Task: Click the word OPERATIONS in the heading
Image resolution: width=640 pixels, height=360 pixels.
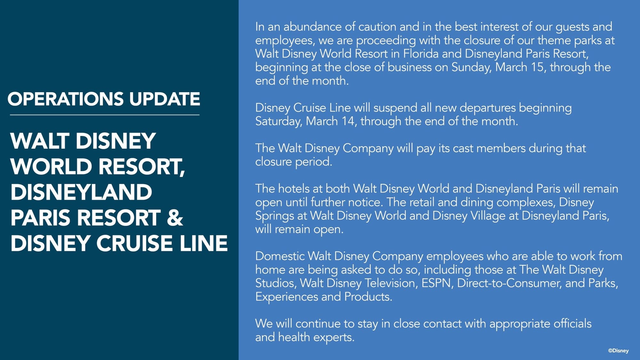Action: click(x=65, y=99)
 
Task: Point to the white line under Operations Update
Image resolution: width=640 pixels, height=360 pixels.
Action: click(x=105, y=115)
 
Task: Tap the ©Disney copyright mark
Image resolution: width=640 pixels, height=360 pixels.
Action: click(x=618, y=351)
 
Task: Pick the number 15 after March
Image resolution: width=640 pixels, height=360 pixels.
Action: click(x=537, y=67)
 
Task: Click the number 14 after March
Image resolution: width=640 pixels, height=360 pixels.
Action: click(x=348, y=121)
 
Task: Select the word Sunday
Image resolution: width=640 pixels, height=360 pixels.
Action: click(x=471, y=67)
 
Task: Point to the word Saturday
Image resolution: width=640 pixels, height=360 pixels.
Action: click(x=278, y=121)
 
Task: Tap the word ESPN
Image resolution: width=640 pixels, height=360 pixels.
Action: click(x=437, y=283)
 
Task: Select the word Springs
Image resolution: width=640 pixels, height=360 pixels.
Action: click(x=274, y=216)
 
